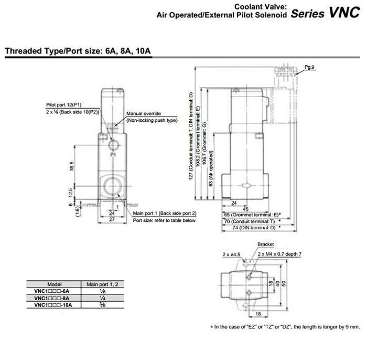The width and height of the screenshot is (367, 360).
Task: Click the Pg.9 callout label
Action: tap(309, 67)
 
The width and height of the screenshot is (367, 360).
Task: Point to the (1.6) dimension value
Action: tap(77, 211)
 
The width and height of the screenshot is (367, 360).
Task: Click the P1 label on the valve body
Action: tap(113, 156)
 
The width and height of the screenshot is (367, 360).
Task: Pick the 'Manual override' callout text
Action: tap(143, 113)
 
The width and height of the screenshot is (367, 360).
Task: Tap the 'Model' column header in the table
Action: tap(55, 283)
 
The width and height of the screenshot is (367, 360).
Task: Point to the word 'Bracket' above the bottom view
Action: tap(265, 245)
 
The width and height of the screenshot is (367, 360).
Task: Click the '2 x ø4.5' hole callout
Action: tap(231, 255)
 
